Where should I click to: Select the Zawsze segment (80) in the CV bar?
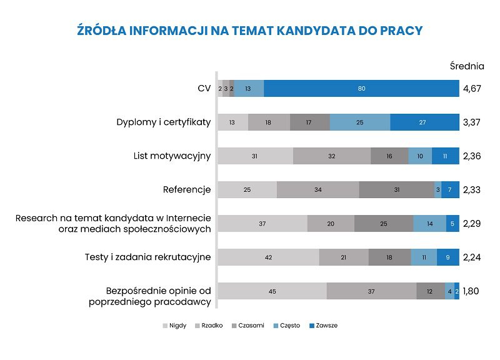(x=361, y=89)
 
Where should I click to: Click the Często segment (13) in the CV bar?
(x=249, y=89)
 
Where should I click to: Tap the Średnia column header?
(x=467, y=66)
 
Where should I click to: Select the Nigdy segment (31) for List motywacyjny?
(x=255, y=156)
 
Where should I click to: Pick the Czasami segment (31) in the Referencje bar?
(x=396, y=190)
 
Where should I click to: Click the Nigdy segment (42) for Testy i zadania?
(x=268, y=257)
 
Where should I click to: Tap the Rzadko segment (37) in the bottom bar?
(x=371, y=291)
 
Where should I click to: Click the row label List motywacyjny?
(x=172, y=156)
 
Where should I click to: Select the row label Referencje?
(x=187, y=189)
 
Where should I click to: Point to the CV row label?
(x=204, y=89)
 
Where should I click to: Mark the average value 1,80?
(x=471, y=291)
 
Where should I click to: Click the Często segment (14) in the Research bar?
(x=429, y=224)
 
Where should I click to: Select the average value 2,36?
(x=472, y=156)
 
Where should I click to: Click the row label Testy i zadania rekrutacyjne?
(x=148, y=257)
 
